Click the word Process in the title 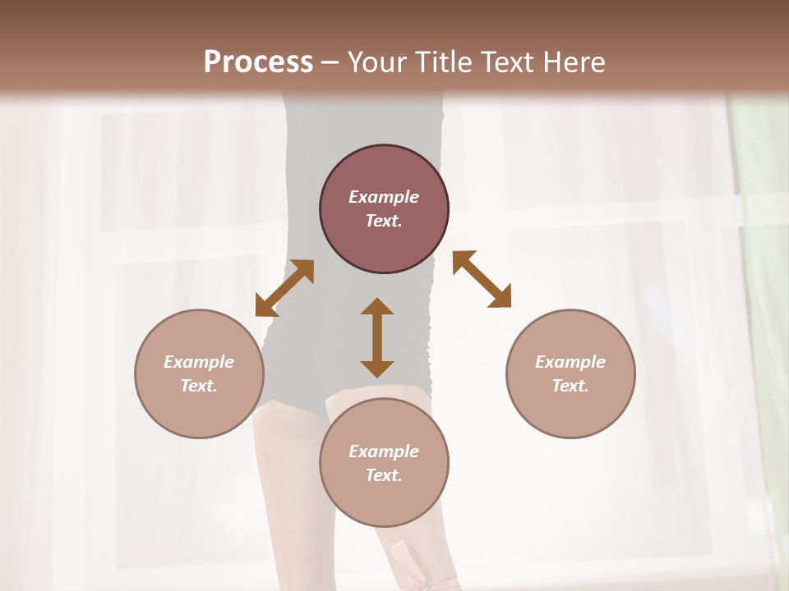click(258, 62)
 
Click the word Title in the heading click(445, 62)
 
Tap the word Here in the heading click(572, 62)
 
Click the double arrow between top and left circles click(284, 287)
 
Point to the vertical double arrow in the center click(377, 337)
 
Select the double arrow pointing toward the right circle click(482, 279)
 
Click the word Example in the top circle click(384, 197)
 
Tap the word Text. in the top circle click(384, 221)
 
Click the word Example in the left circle click(199, 362)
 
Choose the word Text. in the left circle click(199, 386)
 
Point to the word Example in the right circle click(570, 362)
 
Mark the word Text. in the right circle click(570, 386)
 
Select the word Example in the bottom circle click(384, 451)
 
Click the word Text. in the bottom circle click(384, 475)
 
